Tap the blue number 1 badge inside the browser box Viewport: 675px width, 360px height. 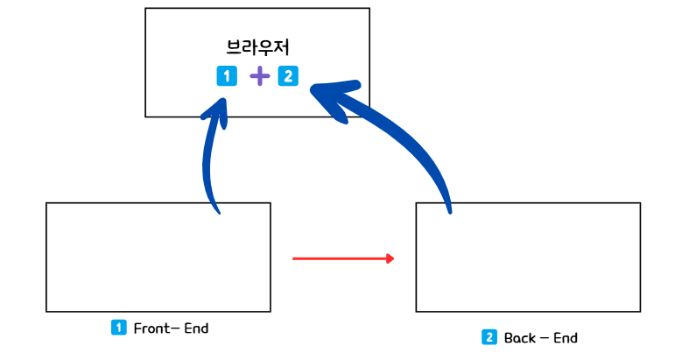227,76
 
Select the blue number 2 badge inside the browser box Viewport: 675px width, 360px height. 288,76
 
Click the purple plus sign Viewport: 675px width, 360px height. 259,77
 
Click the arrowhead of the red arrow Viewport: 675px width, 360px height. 390,258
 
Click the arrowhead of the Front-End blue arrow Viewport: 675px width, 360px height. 216,108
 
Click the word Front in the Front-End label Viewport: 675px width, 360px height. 149,328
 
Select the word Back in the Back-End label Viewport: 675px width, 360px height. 519,338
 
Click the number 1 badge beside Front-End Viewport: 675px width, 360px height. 119,328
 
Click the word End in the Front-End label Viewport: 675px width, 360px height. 196,328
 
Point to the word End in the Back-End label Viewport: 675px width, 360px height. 565,338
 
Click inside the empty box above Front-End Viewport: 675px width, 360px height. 158,257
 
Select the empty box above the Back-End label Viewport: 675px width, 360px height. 528,257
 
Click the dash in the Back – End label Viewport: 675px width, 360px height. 544,338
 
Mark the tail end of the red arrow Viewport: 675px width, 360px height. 294,258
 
